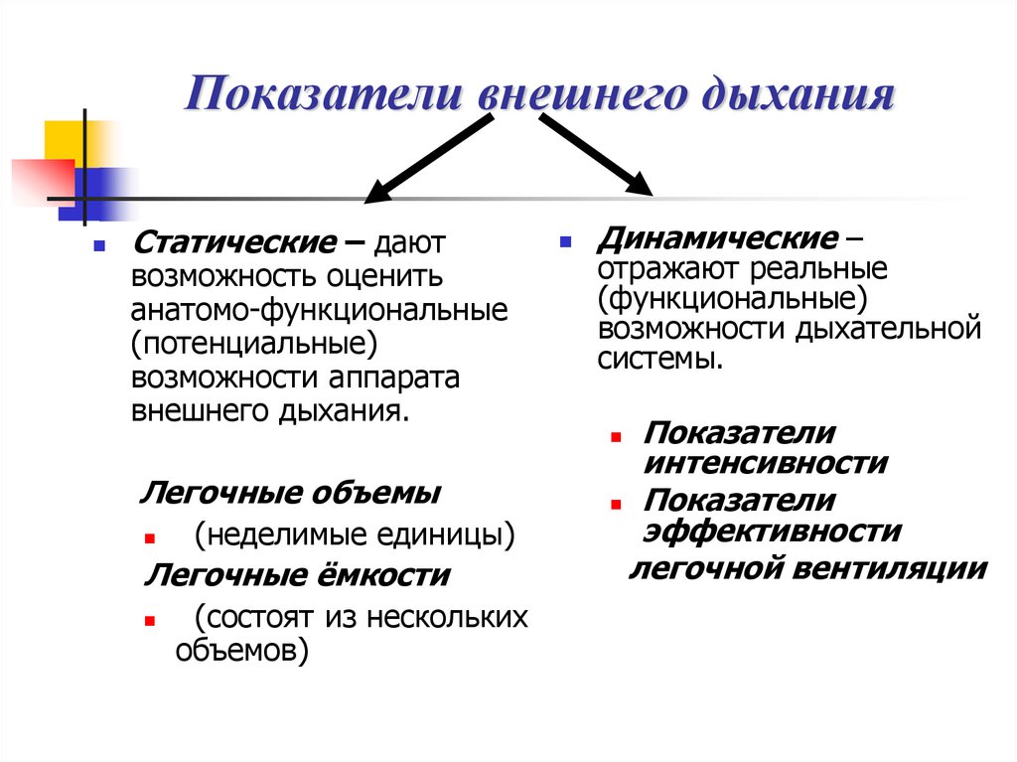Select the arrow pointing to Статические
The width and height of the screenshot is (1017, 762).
(x=428, y=159)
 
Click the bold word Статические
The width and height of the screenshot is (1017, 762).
(x=234, y=242)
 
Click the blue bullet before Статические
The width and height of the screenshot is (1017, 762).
(x=98, y=244)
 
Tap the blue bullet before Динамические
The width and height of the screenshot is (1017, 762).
(x=565, y=241)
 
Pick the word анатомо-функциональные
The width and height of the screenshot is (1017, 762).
(x=320, y=309)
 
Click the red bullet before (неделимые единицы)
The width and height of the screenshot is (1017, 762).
(x=147, y=537)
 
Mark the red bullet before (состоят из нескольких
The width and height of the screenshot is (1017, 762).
(x=147, y=619)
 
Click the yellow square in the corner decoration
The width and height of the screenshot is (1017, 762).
(x=62, y=141)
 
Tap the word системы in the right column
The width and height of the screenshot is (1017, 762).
(x=659, y=358)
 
